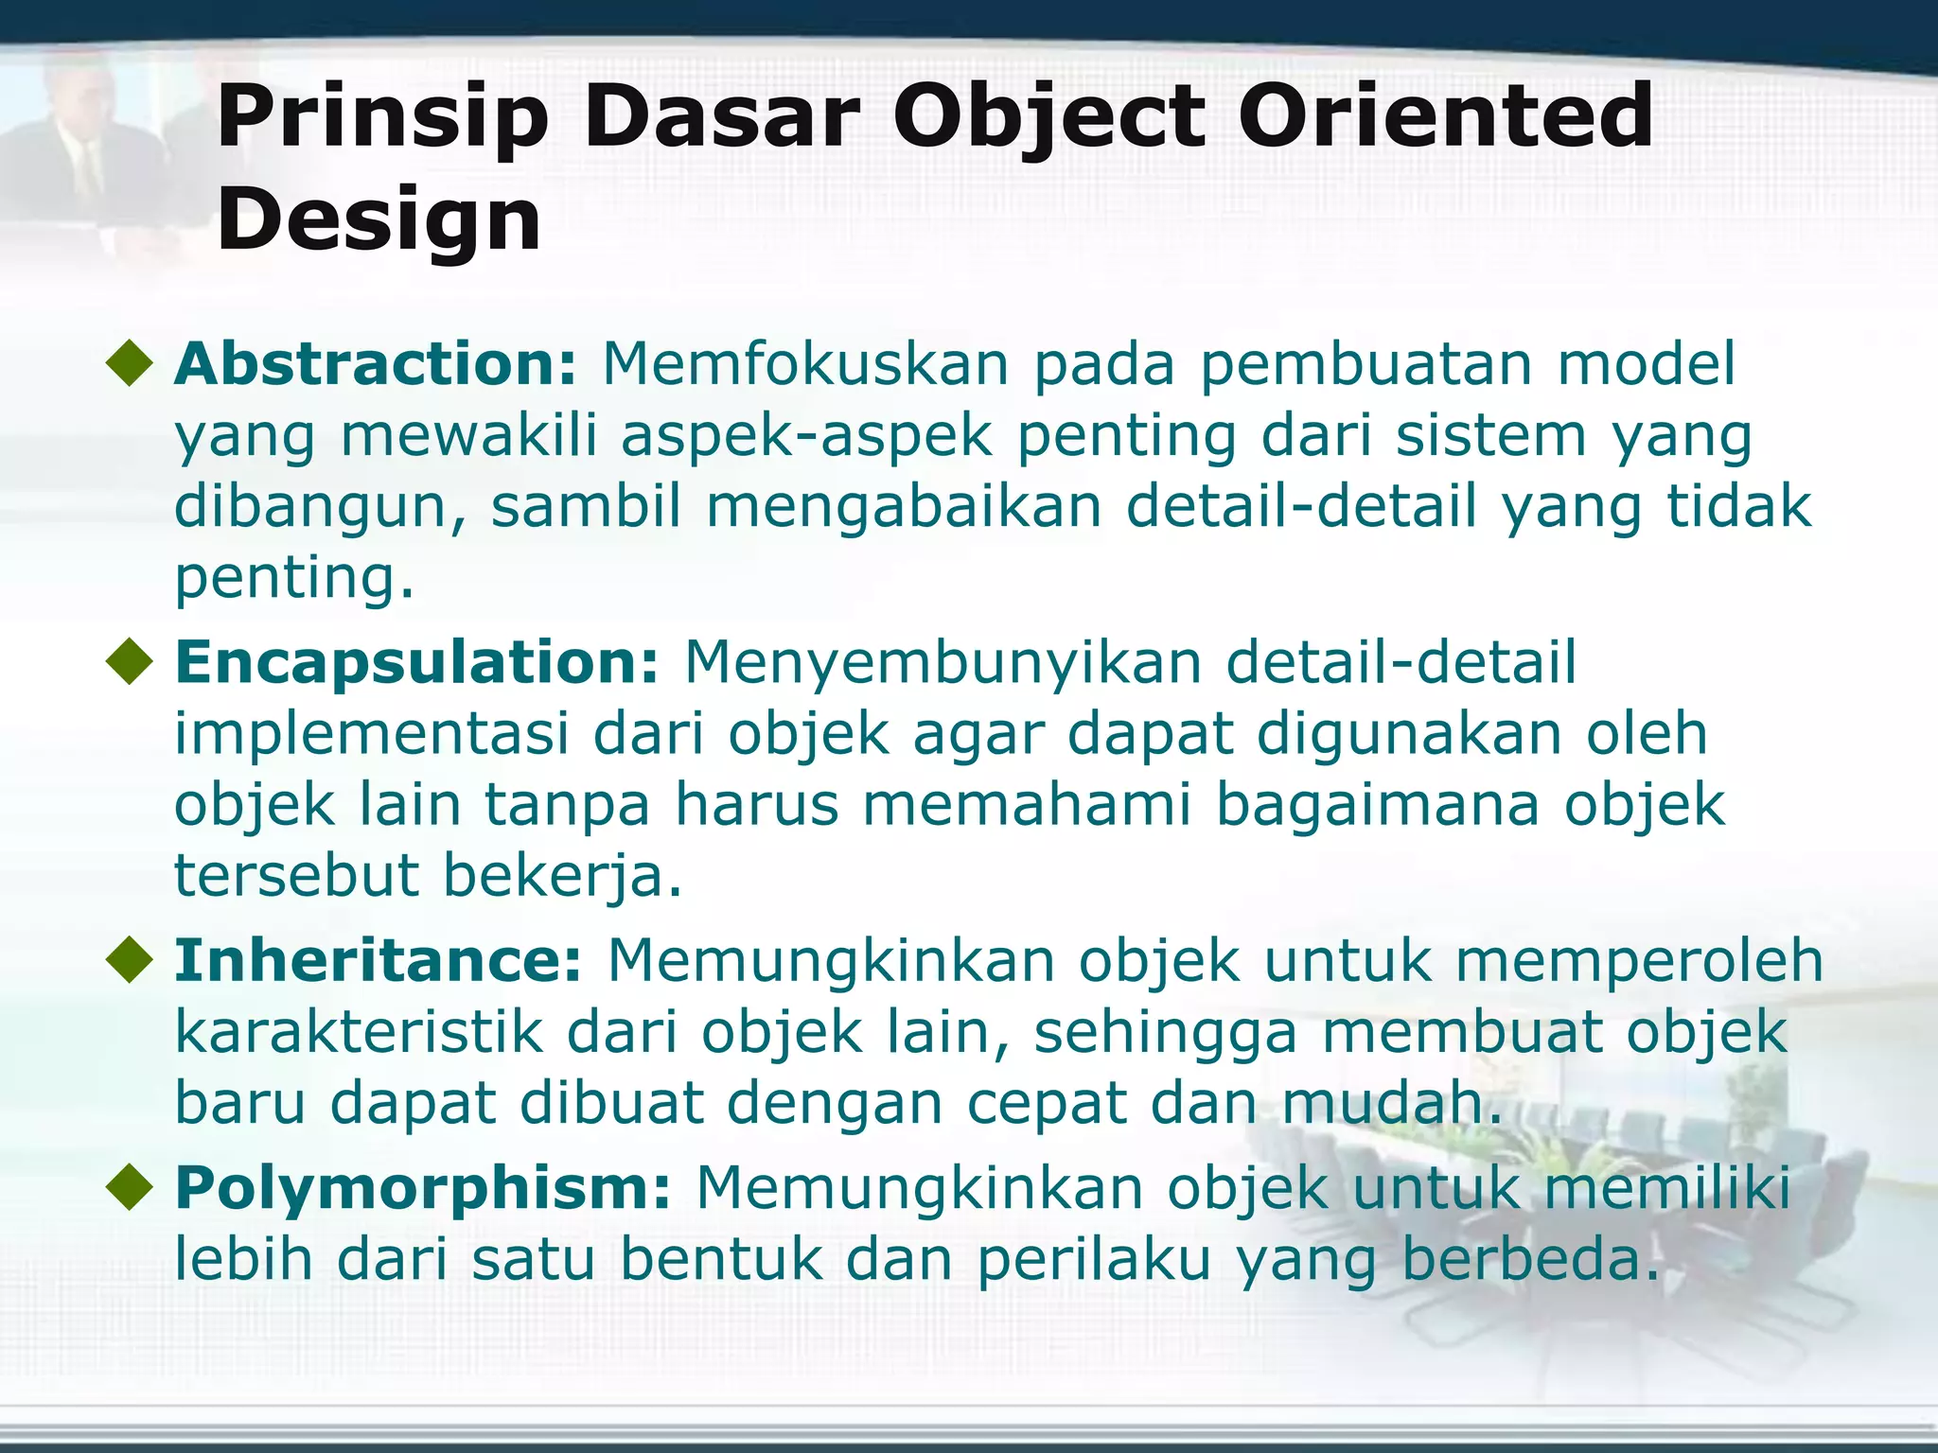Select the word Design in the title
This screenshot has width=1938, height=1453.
(379, 219)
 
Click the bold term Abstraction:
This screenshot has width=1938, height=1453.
(375, 364)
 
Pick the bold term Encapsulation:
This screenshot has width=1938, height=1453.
(416, 661)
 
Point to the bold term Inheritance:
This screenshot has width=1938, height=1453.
(378, 960)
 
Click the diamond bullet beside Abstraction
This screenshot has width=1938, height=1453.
(130, 365)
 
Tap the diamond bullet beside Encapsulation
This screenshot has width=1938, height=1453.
(130, 662)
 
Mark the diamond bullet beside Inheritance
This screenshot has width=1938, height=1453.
(130, 961)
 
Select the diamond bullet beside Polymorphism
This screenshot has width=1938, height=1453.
(130, 1188)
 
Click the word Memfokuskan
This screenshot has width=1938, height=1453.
(805, 364)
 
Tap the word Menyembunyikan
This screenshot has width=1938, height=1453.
(943, 661)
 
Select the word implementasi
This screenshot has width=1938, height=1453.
(371, 734)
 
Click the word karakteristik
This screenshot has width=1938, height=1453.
(359, 1032)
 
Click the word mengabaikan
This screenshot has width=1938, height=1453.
(904, 507)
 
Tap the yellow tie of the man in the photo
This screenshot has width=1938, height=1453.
(89, 170)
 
